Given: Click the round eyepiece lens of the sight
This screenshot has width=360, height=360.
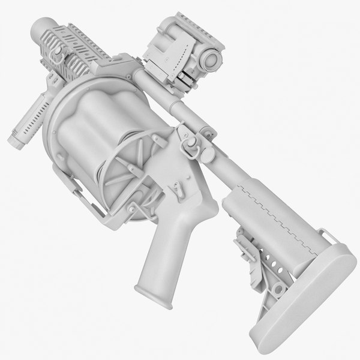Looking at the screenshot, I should point(212,58).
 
